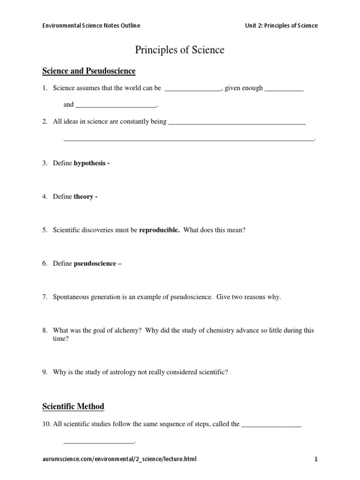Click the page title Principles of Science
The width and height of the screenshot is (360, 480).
180,50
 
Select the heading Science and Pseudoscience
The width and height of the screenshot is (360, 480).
89,71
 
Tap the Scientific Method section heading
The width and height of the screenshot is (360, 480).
73,406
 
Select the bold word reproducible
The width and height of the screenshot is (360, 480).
159,230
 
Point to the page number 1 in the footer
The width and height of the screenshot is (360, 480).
316,459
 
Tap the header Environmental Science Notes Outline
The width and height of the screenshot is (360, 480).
91,25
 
